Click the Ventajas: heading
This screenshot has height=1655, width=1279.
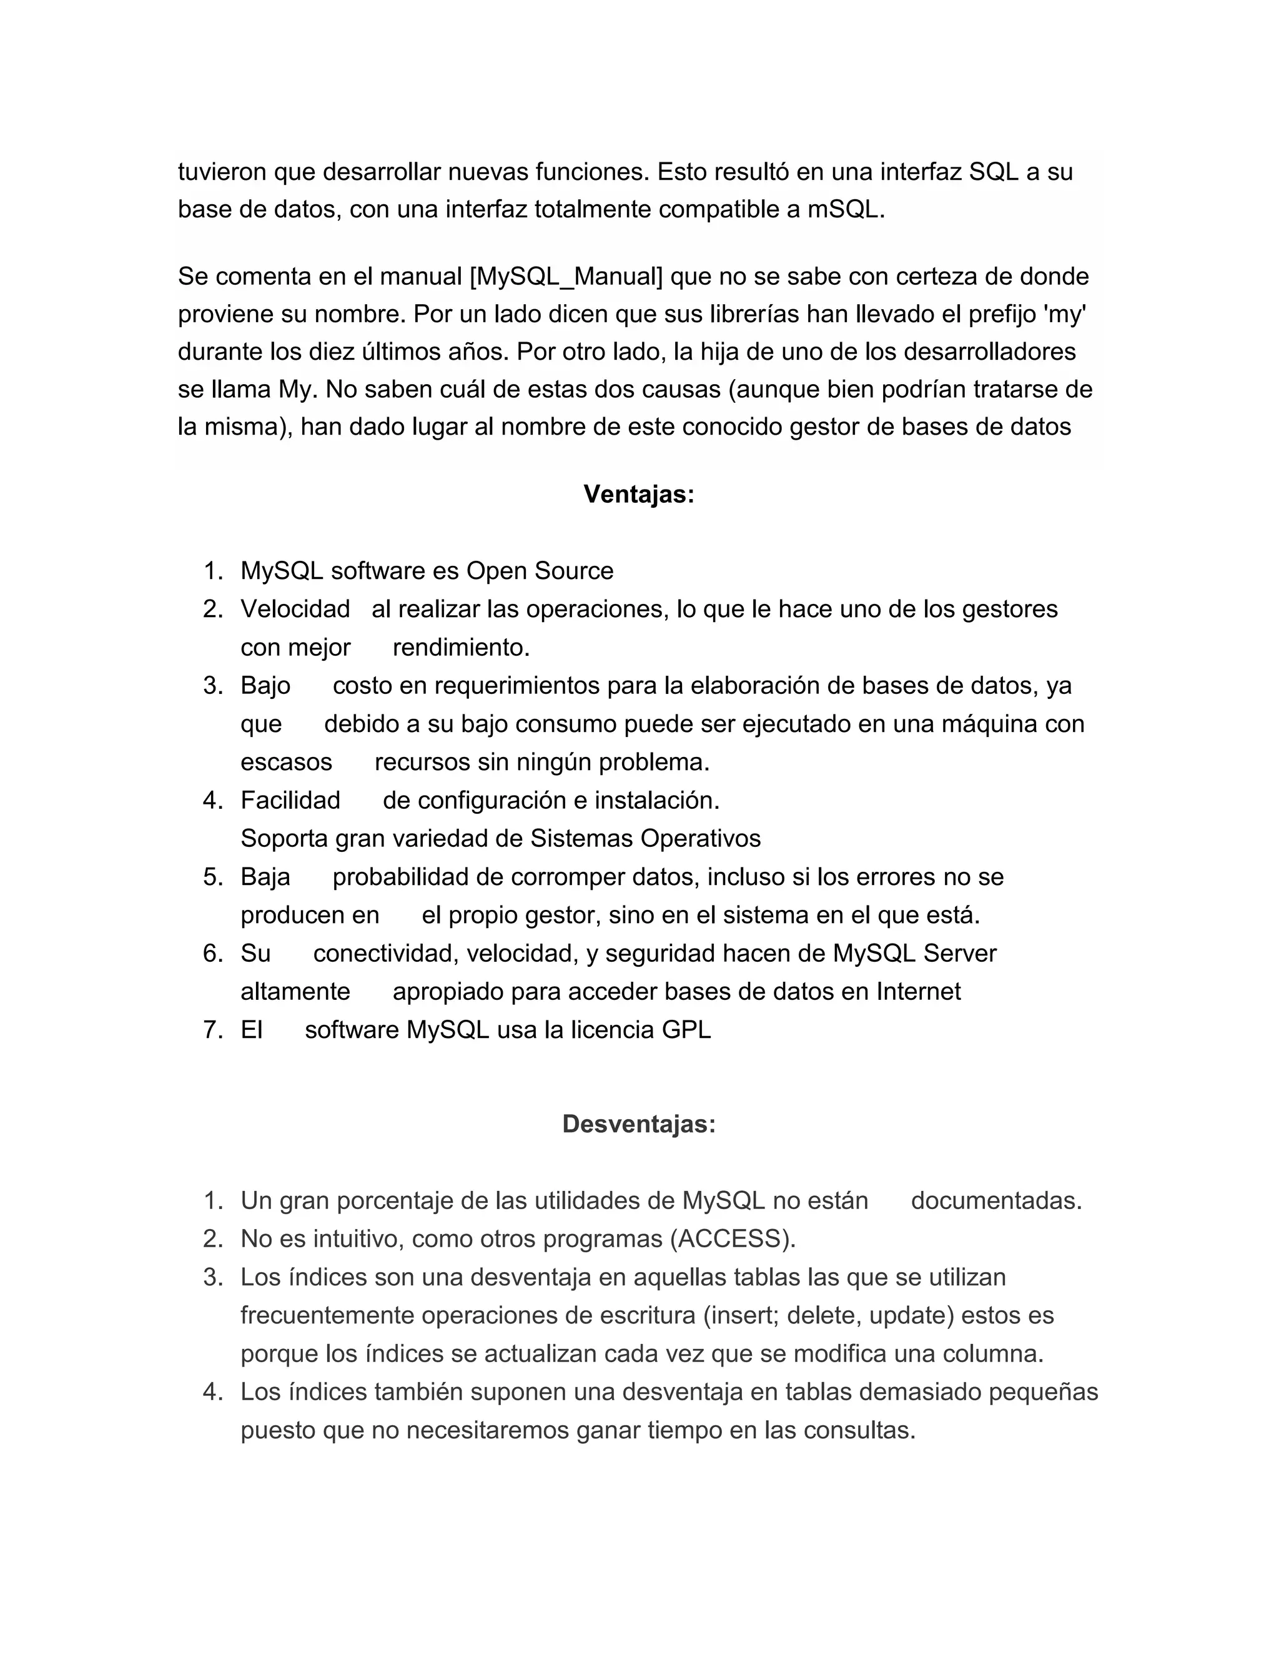[639, 495]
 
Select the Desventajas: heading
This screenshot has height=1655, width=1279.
[639, 1124]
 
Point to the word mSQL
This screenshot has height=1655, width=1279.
[846, 209]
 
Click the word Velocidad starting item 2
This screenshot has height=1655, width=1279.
[295, 610]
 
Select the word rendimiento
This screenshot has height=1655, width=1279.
[461, 648]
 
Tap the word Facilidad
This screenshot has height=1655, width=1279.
[290, 800]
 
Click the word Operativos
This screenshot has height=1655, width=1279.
[700, 839]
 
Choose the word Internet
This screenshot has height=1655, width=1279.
[918, 992]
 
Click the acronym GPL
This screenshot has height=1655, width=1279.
[686, 1030]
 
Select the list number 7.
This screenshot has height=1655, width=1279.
[213, 1030]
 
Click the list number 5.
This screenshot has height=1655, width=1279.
[213, 877]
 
